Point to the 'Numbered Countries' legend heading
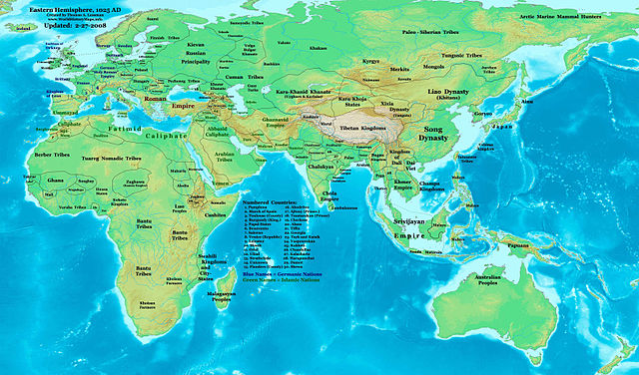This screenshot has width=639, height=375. click(269, 201)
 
